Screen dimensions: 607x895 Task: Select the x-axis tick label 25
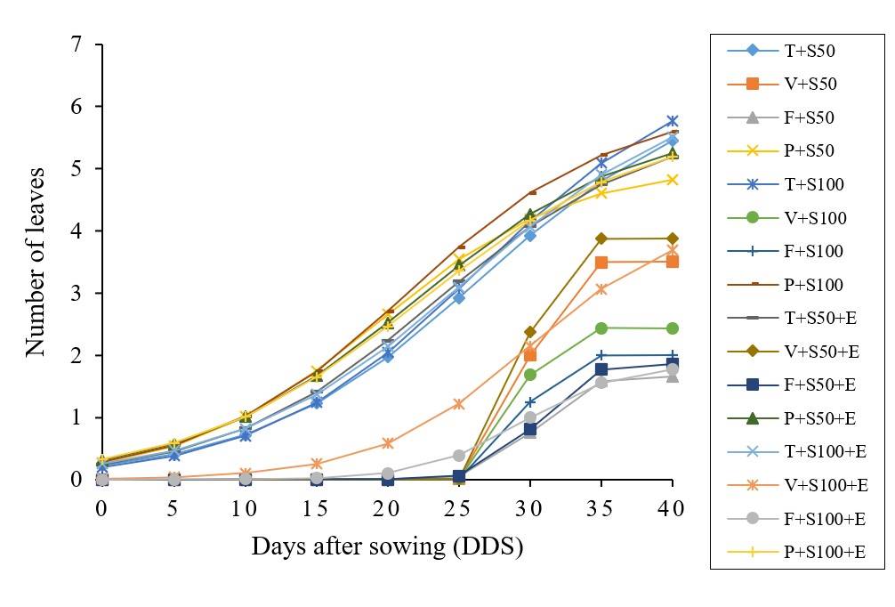pos(458,509)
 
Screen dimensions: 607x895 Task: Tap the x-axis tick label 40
pos(672,509)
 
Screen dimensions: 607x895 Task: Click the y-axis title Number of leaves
pos(36,262)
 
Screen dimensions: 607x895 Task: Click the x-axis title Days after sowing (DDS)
pos(387,546)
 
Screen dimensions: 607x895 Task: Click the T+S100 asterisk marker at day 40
pos(673,121)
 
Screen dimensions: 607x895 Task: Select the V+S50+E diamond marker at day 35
pos(601,239)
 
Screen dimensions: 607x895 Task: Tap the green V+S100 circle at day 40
pos(673,328)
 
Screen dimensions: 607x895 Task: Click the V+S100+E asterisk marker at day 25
pos(459,404)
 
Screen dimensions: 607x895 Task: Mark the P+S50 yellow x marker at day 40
pos(673,180)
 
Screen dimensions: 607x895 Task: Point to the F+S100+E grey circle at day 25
pos(459,455)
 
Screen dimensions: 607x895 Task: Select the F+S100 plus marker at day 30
pos(530,402)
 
